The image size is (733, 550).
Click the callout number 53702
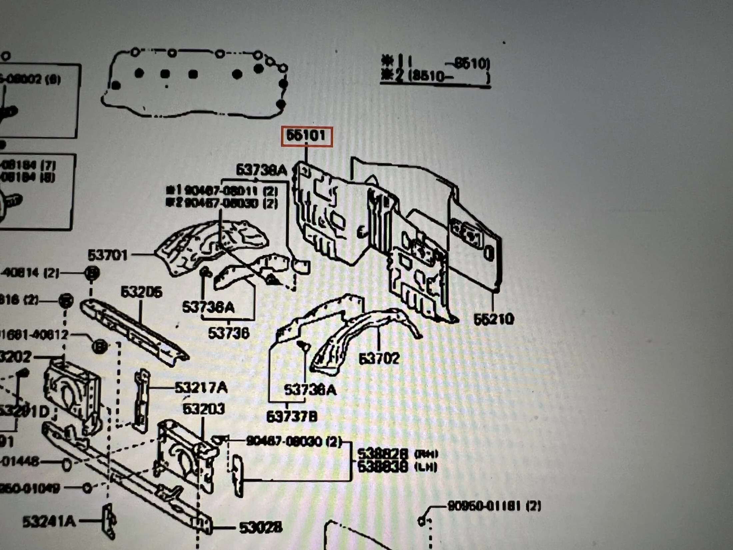378,358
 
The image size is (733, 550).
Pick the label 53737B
292,416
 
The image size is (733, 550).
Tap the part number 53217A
201,388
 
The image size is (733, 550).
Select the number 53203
204,409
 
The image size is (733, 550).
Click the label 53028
261,527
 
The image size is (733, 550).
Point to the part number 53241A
49,522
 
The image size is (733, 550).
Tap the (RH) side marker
425,454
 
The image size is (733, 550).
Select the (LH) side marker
425,467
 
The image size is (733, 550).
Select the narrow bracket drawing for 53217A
142,400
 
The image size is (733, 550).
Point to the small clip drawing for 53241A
108,522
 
